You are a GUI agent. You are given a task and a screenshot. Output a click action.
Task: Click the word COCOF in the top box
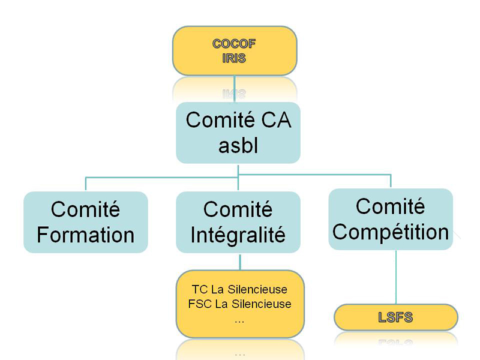[x=234, y=44]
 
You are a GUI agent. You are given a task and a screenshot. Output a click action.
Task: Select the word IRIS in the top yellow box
[x=234, y=58]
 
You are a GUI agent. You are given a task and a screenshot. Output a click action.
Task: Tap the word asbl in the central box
[x=238, y=145]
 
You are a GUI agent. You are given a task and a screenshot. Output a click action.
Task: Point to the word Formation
[x=86, y=235]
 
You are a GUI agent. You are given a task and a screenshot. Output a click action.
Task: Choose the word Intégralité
[x=238, y=235]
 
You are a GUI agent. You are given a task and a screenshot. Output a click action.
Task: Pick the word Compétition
[x=391, y=232]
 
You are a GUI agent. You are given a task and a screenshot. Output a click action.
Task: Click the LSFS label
[x=395, y=317]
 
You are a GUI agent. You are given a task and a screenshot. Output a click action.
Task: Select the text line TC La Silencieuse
[x=239, y=289]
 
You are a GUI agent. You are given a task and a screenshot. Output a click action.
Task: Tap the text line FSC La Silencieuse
[x=239, y=304]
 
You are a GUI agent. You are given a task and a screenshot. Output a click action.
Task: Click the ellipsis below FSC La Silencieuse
[x=239, y=322]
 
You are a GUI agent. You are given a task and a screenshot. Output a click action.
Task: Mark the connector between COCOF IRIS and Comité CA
[x=235, y=89]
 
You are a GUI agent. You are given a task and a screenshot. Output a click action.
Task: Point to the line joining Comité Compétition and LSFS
[x=396, y=277]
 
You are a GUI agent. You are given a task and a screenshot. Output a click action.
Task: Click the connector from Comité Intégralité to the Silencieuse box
[x=240, y=262]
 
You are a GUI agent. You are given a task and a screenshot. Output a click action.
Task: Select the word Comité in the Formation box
[x=85, y=209]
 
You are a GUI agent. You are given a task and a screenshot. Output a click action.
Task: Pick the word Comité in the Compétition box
[x=391, y=206]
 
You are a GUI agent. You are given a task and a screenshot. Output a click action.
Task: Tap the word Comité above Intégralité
[x=238, y=209]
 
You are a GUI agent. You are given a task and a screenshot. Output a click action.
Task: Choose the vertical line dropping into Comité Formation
[x=86, y=184]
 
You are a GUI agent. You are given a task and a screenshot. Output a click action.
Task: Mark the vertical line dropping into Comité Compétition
[x=391, y=181]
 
